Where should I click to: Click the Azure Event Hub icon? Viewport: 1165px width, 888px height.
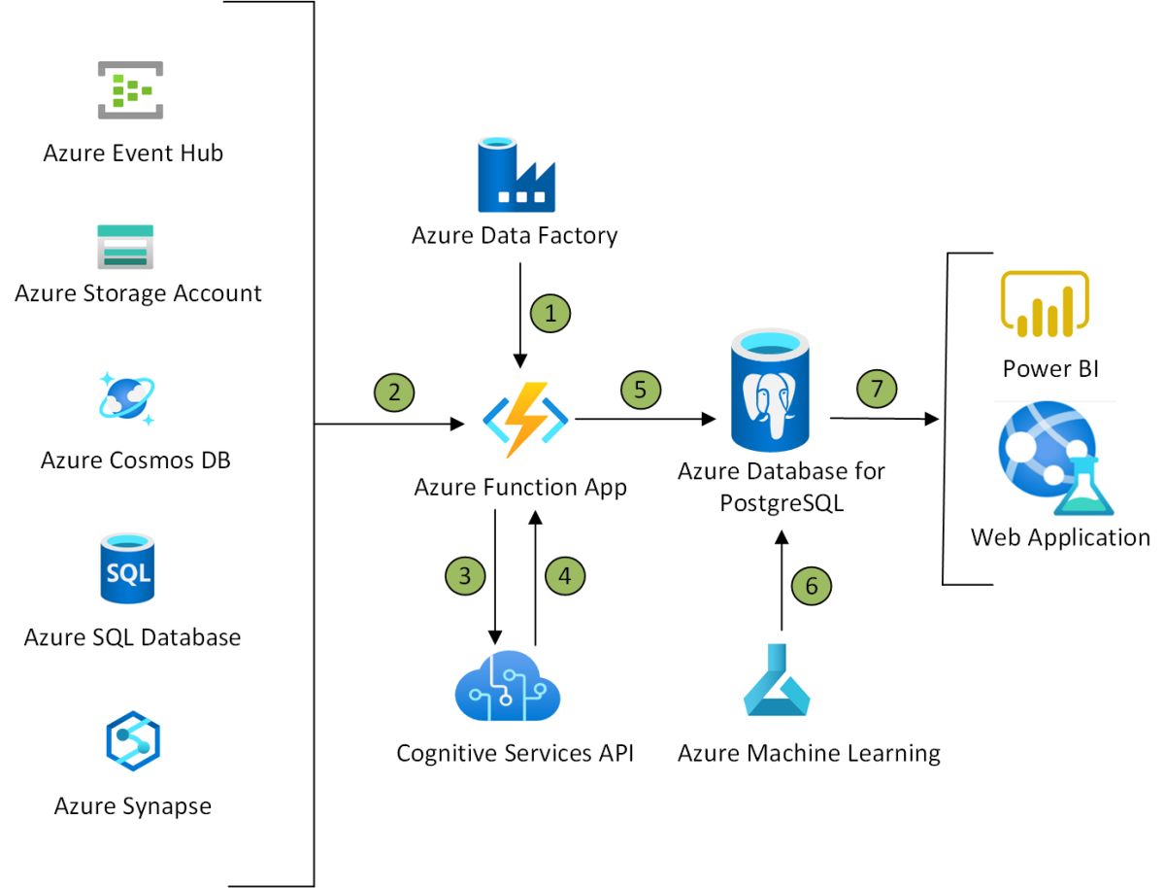[x=130, y=90]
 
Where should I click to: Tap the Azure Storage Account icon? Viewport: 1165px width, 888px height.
[x=125, y=246]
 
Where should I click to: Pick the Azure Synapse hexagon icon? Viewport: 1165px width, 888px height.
[x=132, y=741]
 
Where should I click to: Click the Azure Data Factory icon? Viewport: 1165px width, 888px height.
[x=516, y=175]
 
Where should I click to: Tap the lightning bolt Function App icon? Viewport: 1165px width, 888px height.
[x=524, y=420]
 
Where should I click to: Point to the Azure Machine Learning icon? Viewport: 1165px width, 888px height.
[x=777, y=680]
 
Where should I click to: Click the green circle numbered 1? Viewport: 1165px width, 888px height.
[x=550, y=314]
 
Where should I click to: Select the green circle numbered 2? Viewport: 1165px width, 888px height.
[x=393, y=392]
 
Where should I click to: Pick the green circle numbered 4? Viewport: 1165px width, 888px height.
[x=565, y=574]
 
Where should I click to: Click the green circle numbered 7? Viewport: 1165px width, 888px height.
[x=877, y=390]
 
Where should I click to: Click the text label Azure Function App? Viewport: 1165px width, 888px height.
[x=520, y=487]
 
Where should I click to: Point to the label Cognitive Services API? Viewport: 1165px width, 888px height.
[x=515, y=753]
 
